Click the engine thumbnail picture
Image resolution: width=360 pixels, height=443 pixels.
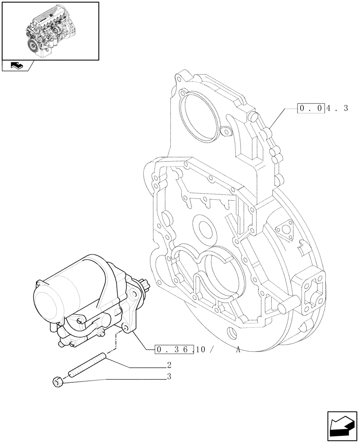tap(50, 30)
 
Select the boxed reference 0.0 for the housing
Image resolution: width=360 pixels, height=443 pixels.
tap(310, 108)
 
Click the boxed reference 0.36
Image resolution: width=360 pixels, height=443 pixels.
tap(175, 350)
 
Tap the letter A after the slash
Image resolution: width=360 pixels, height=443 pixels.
tap(238, 350)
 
